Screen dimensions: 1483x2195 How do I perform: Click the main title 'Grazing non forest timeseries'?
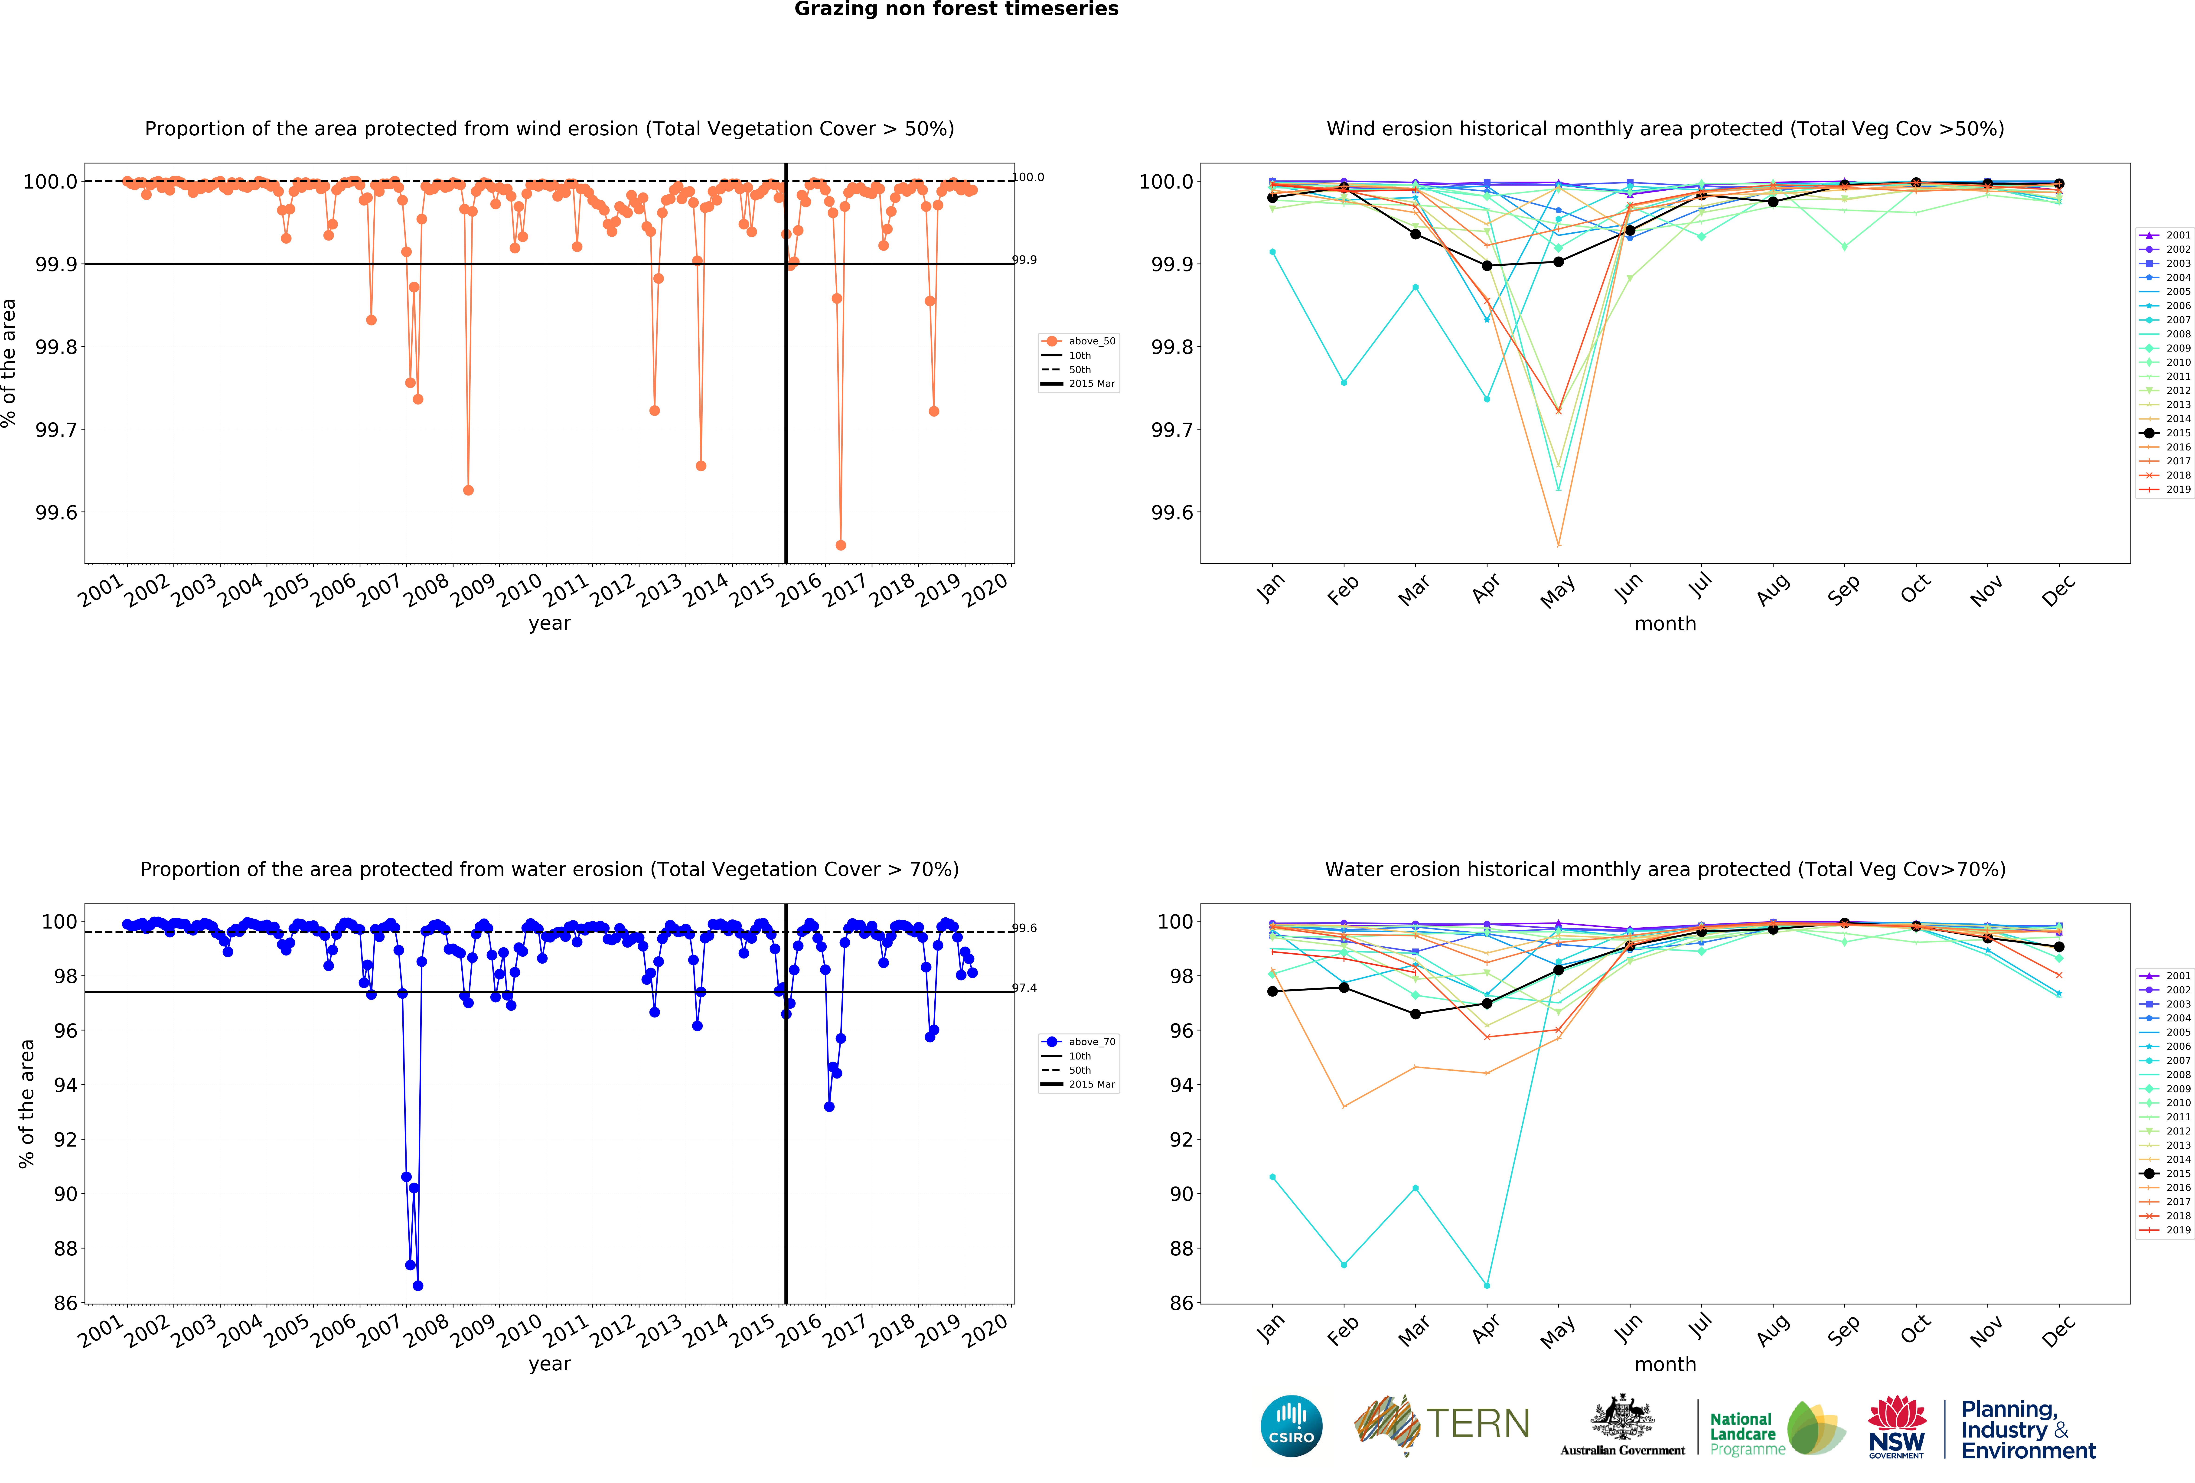[x=956, y=10]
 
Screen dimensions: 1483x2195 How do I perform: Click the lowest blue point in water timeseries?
[x=417, y=1286]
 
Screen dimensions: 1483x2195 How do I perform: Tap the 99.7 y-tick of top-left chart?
[x=57, y=430]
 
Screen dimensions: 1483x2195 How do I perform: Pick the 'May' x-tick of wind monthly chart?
[x=1557, y=592]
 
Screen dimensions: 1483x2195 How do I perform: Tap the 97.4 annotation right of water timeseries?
[x=1024, y=988]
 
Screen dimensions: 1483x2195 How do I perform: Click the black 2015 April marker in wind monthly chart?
[x=1487, y=265]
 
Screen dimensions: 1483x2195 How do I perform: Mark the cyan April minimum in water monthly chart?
[x=1487, y=1286]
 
